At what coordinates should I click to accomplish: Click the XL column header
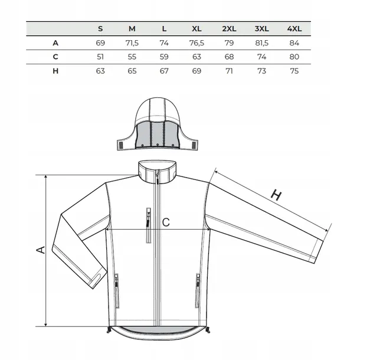197,29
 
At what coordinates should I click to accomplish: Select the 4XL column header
294,29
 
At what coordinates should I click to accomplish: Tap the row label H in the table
55,71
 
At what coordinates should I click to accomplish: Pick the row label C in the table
55,57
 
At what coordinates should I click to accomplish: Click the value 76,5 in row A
197,43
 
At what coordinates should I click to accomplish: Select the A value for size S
100,43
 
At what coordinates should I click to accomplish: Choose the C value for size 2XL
229,57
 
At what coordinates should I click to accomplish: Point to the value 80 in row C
294,57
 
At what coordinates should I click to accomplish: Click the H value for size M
132,71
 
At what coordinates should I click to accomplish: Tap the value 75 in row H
294,71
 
